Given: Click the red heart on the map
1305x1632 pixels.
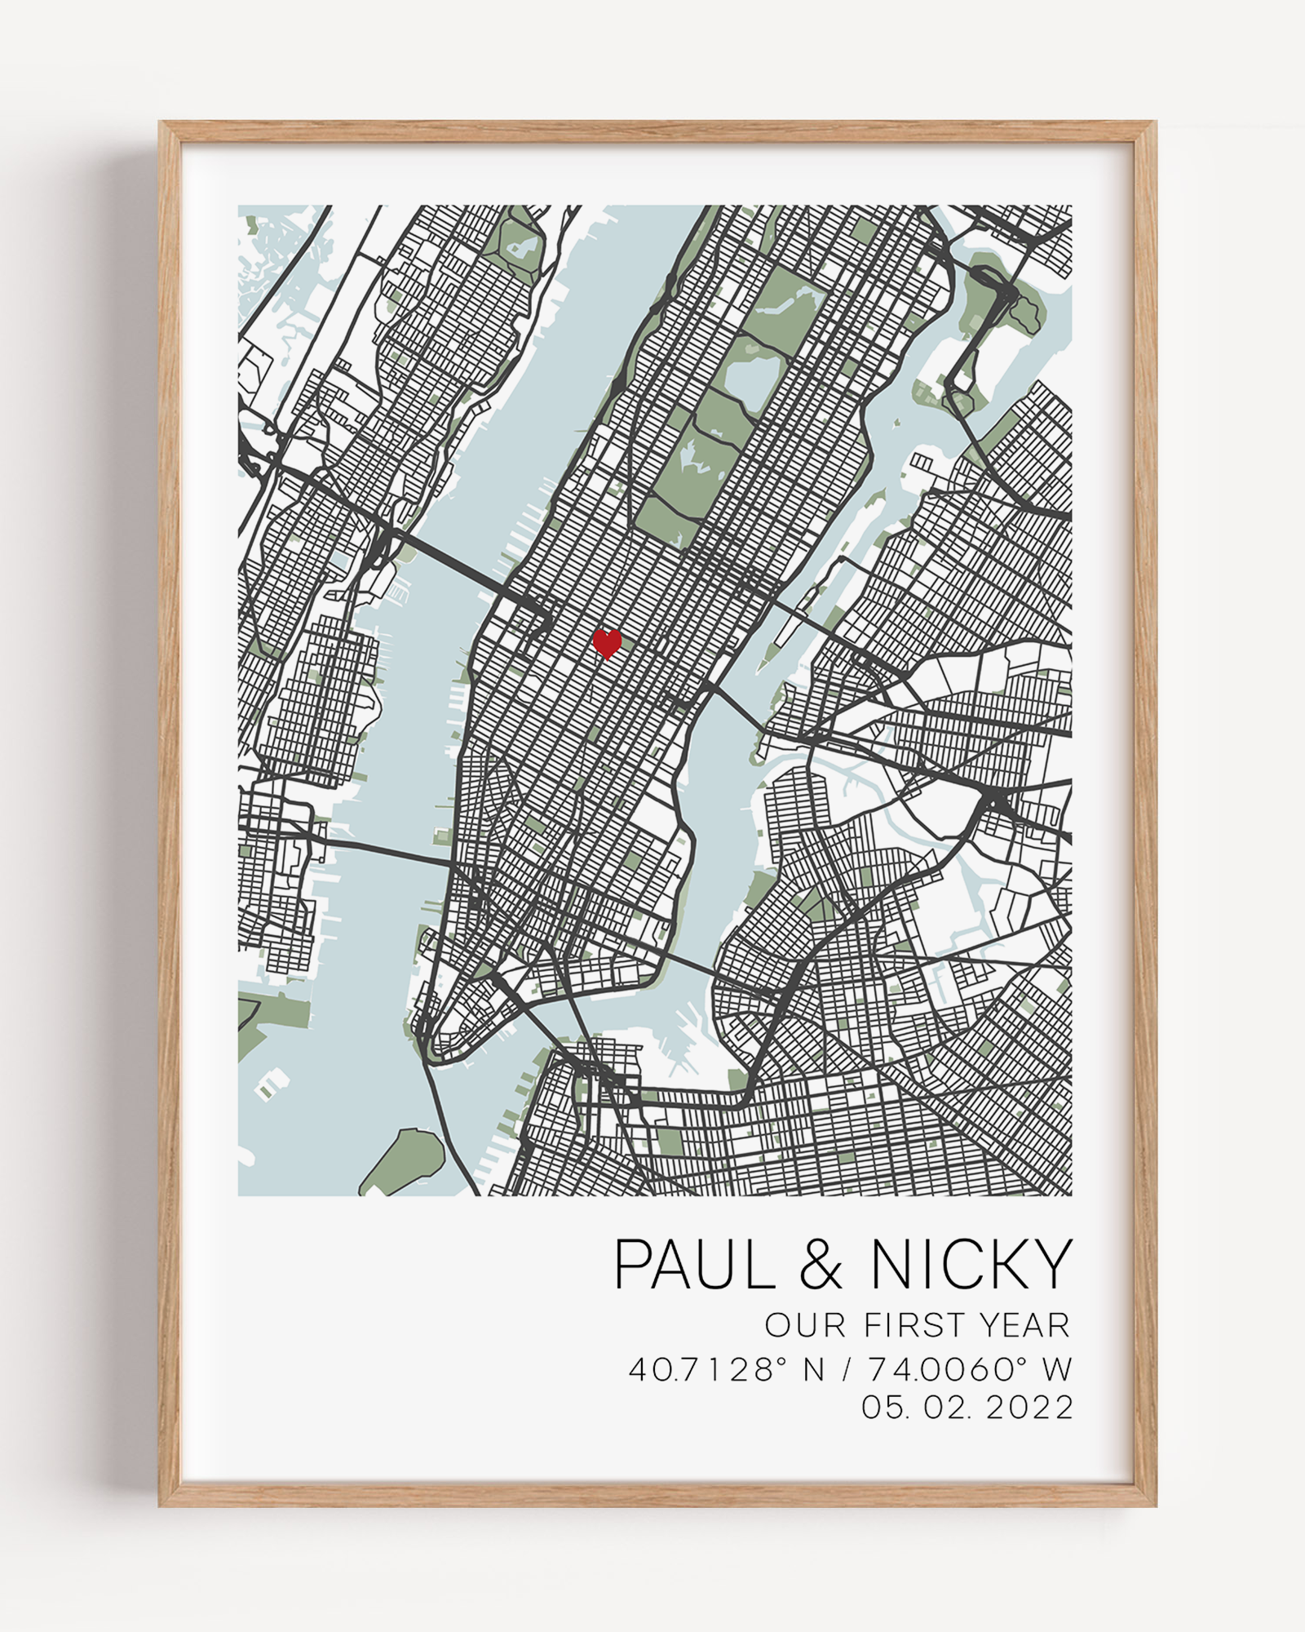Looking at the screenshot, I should pyautogui.click(x=606, y=643).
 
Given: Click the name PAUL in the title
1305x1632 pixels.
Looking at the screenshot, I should pyautogui.click(x=694, y=1264).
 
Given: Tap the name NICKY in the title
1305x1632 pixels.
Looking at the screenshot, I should pyautogui.click(x=971, y=1264).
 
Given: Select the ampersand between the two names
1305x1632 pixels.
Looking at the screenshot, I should pyautogui.click(x=821, y=1265).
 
